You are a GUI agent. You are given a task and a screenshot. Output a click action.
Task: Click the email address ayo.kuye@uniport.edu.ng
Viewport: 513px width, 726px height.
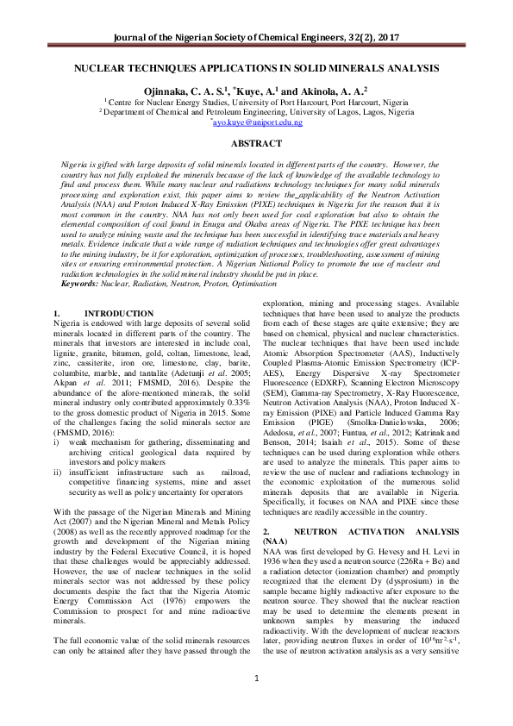[x=256, y=122]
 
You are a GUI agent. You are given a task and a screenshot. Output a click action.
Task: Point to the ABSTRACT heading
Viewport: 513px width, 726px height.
[x=256, y=143]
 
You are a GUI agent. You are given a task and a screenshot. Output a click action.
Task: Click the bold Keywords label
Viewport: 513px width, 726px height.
[x=79, y=284]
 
